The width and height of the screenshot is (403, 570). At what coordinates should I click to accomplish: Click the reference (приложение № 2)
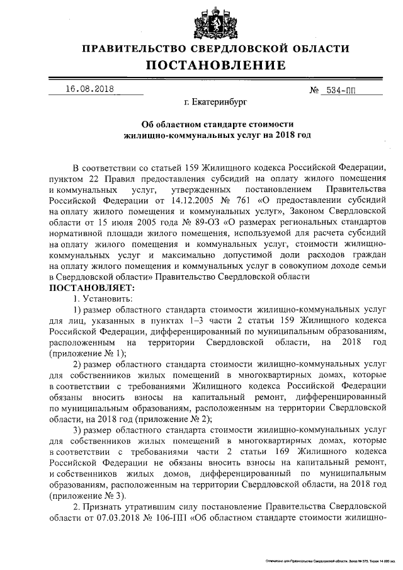pos(176,419)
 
